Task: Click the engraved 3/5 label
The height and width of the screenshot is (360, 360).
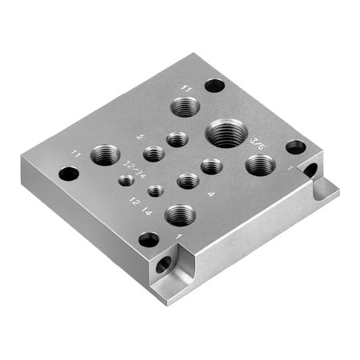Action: pyautogui.click(x=258, y=142)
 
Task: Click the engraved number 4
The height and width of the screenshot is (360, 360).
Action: pyautogui.click(x=210, y=194)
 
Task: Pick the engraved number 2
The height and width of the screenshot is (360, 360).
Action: pyautogui.click(x=140, y=138)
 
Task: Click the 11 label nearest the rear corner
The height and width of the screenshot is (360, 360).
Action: pyautogui.click(x=186, y=88)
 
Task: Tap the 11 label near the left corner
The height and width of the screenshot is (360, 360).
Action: pyautogui.click(x=77, y=152)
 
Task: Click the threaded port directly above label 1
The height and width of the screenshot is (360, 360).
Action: pyautogui.click(x=180, y=214)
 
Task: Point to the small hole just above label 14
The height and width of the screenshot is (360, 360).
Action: pyautogui.click(x=156, y=191)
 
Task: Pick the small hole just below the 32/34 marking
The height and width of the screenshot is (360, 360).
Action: pyautogui.click(x=126, y=181)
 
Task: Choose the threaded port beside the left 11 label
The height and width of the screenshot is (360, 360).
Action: pyautogui.click(x=105, y=154)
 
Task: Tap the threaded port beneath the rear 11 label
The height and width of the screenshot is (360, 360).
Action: pyautogui.click(x=186, y=106)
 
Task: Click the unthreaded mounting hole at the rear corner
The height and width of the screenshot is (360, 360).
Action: pyautogui.click(x=214, y=85)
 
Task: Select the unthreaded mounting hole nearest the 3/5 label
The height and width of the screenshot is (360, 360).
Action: pyautogui.click(x=295, y=147)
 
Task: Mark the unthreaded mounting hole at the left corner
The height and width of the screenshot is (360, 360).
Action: pyautogui.click(x=69, y=174)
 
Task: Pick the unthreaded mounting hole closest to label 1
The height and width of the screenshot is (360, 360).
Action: pyautogui.click(x=149, y=239)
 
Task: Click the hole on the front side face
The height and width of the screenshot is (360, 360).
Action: pyautogui.click(x=164, y=265)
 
